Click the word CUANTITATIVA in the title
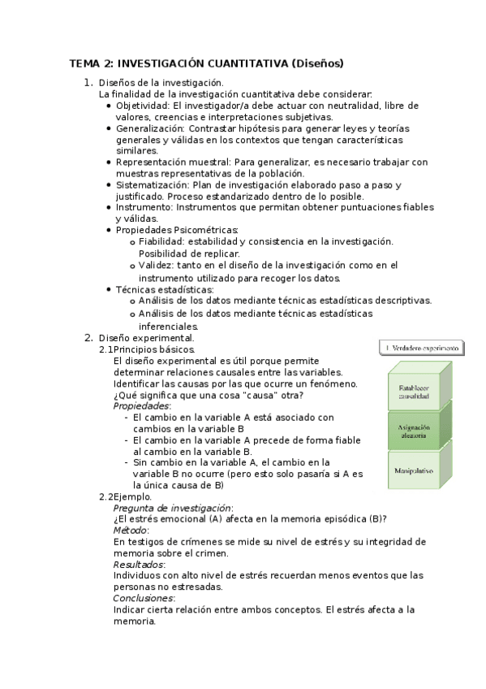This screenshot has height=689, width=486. point(248,63)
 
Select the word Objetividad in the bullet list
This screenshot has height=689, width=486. point(142,106)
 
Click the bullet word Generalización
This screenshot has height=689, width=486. point(150,128)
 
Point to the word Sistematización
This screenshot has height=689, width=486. point(154,184)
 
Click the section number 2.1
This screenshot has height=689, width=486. point(106,349)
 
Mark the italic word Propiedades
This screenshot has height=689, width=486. point(141,405)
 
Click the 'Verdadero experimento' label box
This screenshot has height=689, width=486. point(421,348)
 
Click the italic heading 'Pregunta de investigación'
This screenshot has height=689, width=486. point(172,507)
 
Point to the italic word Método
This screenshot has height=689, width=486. point(130,530)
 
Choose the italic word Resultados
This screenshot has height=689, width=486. point(139,564)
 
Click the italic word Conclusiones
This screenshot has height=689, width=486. point(143,598)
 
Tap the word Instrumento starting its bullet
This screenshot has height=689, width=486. point(144,207)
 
